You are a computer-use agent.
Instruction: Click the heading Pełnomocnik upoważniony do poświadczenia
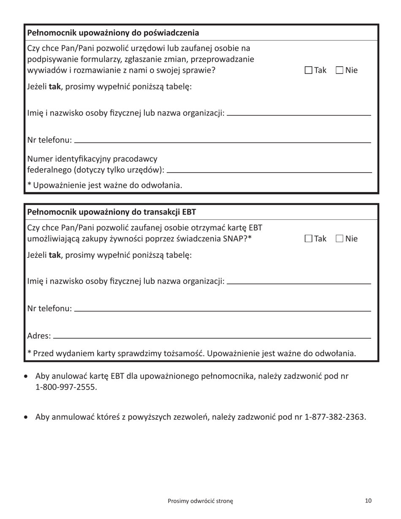tap(113, 32)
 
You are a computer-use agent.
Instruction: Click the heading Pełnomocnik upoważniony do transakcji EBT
tap(111, 211)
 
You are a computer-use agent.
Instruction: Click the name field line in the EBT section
tap(299, 283)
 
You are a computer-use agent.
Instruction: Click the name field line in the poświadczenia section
tap(299, 114)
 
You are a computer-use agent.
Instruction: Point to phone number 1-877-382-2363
tap(335, 417)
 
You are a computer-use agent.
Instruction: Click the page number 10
tap(368, 501)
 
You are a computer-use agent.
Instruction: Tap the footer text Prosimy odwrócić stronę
tap(200, 501)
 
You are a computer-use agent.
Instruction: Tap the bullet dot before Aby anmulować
tap(27, 418)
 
